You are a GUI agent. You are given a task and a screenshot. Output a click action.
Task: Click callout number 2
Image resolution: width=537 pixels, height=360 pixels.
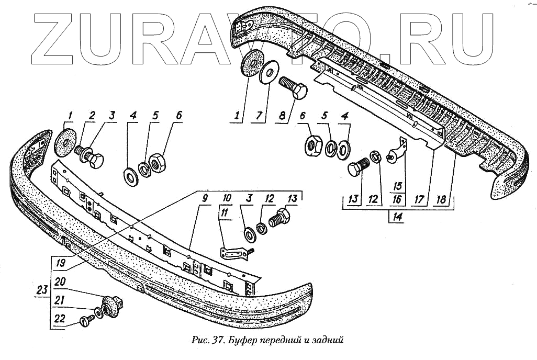click(92, 116)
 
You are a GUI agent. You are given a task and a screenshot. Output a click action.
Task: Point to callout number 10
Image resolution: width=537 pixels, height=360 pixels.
click(227, 198)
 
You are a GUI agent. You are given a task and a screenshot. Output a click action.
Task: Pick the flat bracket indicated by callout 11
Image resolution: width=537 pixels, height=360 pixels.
click(234, 253)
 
